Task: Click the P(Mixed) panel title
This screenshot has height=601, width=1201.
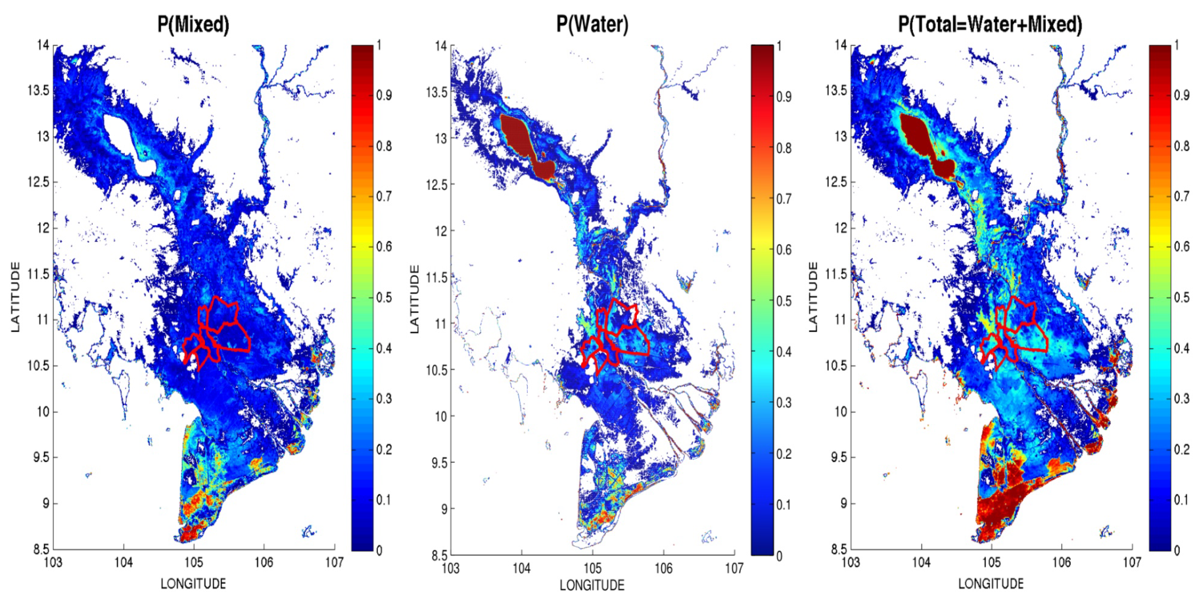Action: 193,24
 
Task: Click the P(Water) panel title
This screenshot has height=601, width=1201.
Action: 592,24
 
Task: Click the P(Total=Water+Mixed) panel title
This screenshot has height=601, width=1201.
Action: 990,24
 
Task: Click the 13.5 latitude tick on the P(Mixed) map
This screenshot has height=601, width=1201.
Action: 38,90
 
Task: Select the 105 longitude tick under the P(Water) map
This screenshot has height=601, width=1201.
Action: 592,568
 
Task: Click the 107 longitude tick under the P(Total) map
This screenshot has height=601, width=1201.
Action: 1131,562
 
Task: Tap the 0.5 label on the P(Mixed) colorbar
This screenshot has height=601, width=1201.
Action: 385,297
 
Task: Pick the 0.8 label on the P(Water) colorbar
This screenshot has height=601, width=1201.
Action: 784,148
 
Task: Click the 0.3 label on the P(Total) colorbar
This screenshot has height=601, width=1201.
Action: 1182,398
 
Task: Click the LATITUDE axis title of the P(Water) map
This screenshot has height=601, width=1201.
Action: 414,299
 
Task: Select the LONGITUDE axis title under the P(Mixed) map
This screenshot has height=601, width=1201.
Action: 193,584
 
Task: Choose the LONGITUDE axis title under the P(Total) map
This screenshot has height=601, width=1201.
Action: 991,584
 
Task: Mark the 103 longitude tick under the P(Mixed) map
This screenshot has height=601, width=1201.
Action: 53,562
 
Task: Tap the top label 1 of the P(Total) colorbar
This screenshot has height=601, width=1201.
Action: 1177,45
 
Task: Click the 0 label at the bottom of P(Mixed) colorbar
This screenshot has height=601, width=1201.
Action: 379,550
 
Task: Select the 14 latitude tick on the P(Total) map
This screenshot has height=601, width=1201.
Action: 840,45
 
